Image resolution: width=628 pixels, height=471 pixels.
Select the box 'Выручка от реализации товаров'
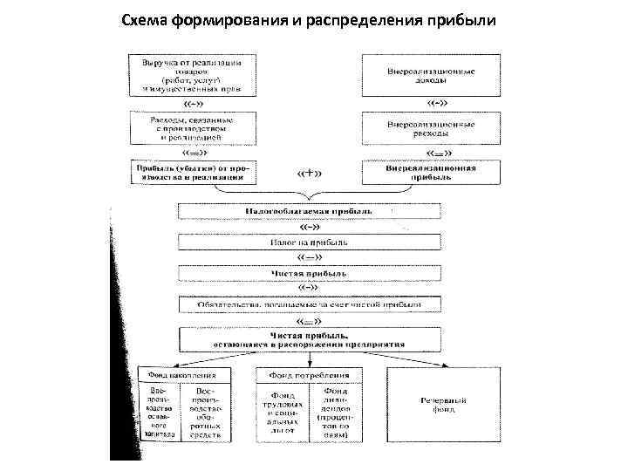point(188,75)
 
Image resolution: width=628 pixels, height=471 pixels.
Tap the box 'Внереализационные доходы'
point(431,75)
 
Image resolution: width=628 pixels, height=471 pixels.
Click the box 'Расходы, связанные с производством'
point(188,126)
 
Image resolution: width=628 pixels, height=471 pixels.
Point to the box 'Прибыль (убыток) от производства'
point(188,171)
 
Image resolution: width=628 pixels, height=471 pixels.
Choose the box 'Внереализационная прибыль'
point(431,171)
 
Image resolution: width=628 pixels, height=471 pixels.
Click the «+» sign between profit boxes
point(310,172)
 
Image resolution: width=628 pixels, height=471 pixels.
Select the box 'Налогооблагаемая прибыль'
point(309,211)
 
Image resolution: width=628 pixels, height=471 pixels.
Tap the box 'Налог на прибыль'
point(309,242)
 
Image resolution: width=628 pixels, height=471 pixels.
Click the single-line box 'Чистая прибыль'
point(309,273)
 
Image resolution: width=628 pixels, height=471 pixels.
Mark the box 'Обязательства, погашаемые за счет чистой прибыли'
point(309,304)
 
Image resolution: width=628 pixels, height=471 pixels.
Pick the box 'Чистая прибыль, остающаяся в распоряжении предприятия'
point(309,339)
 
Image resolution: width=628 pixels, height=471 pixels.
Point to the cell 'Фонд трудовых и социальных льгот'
point(283,413)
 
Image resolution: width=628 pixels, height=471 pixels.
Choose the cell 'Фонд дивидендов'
point(336,413)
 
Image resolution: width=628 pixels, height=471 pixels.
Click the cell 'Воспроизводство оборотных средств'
point(208,413)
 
